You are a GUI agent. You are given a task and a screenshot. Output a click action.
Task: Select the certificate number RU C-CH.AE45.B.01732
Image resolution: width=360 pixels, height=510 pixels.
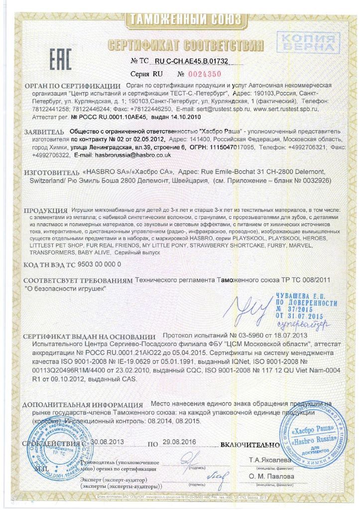click(x=198, y=61)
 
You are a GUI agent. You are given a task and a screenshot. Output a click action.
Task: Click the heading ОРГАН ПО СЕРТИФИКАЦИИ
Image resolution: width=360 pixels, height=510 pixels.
click(x=72, y=86)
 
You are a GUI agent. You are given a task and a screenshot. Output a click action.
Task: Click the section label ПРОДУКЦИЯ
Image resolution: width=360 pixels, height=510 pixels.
click(x=45, y=212)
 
